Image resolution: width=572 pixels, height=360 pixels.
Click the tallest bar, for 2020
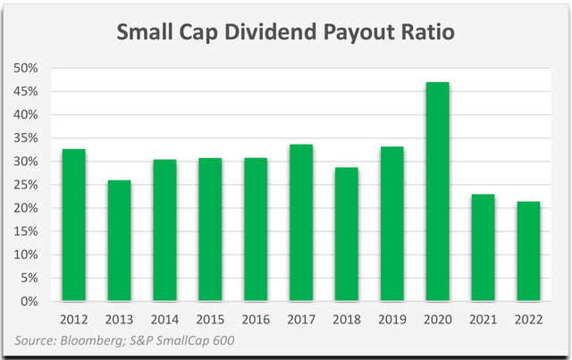[x=437, y=191]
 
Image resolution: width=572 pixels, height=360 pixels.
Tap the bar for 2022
[x=529, y=251]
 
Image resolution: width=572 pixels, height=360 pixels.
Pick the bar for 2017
[x=301, y=222]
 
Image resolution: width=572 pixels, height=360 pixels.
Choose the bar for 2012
[x=73, y=224]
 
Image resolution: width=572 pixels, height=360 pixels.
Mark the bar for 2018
[x=347, y=234]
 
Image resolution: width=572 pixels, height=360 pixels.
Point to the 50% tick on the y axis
[x=30, y=69]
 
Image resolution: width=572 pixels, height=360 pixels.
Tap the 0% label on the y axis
[x=34, y=301]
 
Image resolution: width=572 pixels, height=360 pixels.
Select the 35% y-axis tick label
[x=30, y=138]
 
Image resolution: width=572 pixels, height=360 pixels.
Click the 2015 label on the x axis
[x=210, y=318]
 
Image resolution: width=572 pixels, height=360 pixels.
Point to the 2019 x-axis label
[x=391, y=318]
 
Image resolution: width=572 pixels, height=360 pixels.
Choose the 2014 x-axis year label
[x=164, y=318]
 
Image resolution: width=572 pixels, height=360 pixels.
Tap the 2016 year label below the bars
[x=256, y=318]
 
